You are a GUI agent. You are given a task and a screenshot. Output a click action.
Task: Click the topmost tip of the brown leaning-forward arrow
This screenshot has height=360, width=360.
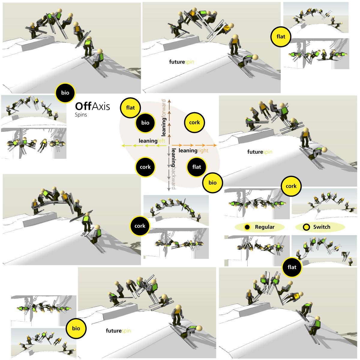click(169, 100)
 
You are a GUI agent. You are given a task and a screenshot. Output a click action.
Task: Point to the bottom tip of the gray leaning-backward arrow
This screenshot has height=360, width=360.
click(169, 191)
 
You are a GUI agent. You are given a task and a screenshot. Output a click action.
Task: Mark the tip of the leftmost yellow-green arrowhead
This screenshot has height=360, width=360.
click(121, 145)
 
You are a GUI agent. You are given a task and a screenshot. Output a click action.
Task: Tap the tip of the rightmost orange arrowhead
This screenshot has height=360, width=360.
click(217, 145)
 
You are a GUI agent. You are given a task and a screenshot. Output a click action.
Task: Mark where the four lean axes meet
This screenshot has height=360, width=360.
click(169, 145)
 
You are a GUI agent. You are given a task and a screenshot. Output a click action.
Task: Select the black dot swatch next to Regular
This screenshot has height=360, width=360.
click(247, 227)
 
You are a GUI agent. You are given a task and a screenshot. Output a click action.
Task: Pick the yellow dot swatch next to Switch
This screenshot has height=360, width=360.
click(306, 227)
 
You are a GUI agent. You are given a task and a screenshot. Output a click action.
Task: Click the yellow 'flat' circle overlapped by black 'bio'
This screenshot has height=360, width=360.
click(130, 108)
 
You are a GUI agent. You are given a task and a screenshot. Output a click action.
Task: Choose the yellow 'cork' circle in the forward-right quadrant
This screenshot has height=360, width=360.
click(194, 123)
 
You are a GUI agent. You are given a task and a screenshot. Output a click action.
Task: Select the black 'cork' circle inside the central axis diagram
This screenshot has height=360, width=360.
click(145, 167)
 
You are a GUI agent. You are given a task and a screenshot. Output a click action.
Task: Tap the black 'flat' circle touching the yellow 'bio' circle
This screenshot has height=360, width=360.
click(196, 167)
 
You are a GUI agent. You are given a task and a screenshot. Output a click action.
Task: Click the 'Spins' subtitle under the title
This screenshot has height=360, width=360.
click(81, 115)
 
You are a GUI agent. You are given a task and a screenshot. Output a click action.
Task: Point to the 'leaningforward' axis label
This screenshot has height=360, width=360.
click(163, 118)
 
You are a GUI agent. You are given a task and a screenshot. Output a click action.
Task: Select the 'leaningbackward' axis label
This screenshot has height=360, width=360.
click(174, 169)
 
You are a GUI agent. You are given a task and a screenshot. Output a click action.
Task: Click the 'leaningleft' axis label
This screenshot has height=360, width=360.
click(152, 141)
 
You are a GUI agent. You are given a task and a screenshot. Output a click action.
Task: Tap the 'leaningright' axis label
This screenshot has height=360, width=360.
click(193, 151)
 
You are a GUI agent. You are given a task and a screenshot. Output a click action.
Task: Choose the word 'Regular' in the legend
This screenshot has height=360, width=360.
click(265, 227)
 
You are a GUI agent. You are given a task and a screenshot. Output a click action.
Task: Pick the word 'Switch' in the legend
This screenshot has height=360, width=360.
click(322, 227)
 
